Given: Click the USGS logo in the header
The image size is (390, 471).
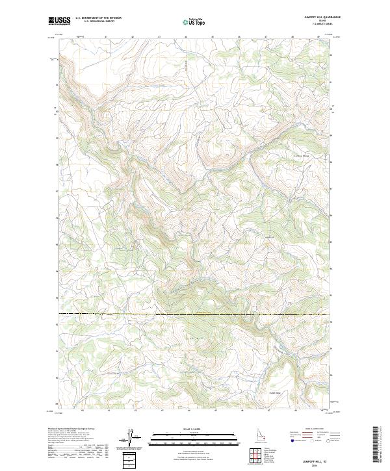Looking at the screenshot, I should (x=59, y=21).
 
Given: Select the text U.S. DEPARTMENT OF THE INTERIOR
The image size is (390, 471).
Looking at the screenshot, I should (x=98, y=18).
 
